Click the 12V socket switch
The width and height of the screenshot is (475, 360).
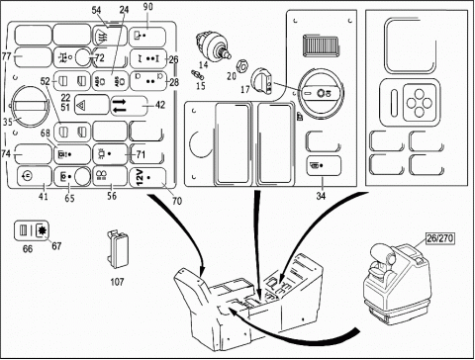click(147, 177)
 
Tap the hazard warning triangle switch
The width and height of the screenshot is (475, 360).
click(91, 105)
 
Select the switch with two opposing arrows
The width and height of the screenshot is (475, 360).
click(129, 106)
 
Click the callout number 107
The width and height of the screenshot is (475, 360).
click(117, 282)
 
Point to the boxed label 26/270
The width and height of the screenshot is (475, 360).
click(440, 238)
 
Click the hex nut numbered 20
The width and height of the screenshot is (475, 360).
click(242, 67)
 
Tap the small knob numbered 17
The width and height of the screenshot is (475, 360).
click(262, 80)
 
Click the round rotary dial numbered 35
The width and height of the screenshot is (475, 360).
click(29, 106)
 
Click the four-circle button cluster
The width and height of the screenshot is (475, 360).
click(420, 103)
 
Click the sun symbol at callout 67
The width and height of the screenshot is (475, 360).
click(43, 229)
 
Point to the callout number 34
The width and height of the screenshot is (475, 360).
click(321, 196)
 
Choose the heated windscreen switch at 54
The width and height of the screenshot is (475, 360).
click(109, 36)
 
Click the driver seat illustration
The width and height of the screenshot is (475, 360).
click(398, 284)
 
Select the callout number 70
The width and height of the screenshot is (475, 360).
click(177, 201)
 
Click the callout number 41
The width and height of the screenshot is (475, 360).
click(44, 197)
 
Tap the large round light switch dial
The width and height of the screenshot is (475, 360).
click(320, 93)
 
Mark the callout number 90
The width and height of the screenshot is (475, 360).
click(148, 7)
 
